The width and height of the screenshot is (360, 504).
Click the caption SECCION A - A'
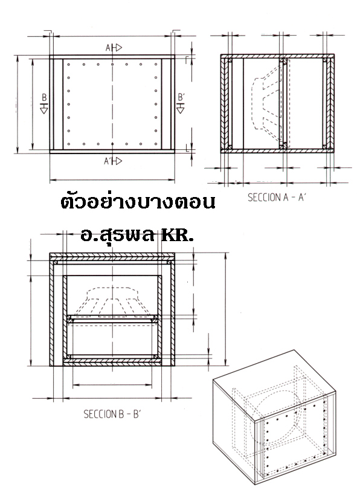[x=276, y=197]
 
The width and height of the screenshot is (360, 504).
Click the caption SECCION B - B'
[x=112, y=414]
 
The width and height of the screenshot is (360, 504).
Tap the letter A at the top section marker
[x=108, y=48]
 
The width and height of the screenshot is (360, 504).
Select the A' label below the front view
[x=108, y=161]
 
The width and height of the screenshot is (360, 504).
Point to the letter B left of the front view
[x=44, y=97]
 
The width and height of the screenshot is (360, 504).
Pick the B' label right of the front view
[x=181, y=97]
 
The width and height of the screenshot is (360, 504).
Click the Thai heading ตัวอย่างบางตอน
[x=138, y=201]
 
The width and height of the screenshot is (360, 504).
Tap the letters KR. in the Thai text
[x=177, y=235]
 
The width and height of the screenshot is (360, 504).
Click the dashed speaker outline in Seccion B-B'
[x=112, y=301]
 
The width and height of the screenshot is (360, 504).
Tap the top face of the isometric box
[x=275, y=386]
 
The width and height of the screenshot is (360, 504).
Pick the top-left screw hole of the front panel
[x=69, y=64]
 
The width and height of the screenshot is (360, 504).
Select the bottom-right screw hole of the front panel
[x=156, y=144]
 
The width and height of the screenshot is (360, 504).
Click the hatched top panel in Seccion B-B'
[x=112, y=257]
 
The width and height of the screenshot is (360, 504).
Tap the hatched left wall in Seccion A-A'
[x=225, y=103]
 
